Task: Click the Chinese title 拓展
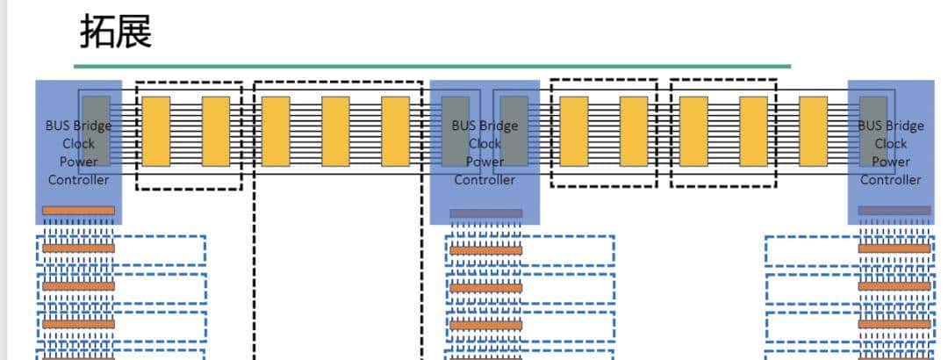click(116, 32)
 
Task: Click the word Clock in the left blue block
click(78, 143)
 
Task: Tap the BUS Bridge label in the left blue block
click(78, 126)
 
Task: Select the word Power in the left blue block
click(78, 162)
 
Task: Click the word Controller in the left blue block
click(78, 180)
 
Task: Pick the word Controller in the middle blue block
click(485, 180)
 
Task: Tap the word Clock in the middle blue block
click(485, 143)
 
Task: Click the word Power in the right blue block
click(890, 162)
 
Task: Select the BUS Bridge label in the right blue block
click(890, 126)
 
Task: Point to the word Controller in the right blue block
click(890, 180)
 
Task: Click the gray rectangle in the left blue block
click(97, 131)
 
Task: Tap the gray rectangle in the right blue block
click(873, 131)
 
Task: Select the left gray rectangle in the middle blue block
click(456, 131)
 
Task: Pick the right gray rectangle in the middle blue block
click(514, 131)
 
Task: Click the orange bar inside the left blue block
click(78, 211)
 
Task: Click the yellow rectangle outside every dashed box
click(813, 131)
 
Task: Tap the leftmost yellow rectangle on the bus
click(156, 131)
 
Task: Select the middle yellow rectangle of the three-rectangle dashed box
click(335, 131)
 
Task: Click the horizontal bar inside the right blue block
click(894, 211)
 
